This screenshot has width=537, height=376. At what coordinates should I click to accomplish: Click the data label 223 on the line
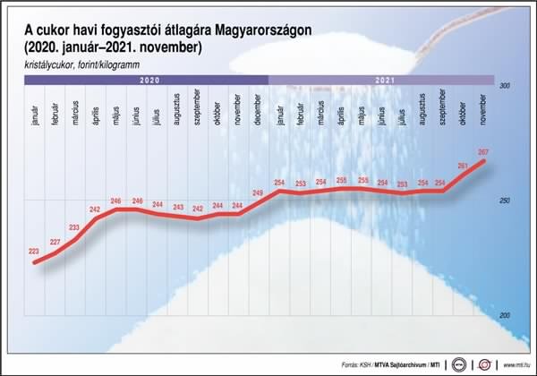34,252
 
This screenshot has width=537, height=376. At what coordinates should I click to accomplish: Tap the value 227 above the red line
55,243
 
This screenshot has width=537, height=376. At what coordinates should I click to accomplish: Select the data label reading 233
74,227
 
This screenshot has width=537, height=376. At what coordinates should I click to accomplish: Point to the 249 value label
258,193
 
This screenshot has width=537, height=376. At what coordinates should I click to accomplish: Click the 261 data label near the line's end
463,167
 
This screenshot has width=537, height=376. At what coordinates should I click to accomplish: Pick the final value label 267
483,151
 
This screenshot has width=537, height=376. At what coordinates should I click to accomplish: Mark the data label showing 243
177,207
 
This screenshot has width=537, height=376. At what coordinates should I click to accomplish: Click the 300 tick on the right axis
503,86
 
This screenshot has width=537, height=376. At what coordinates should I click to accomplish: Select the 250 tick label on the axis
503,201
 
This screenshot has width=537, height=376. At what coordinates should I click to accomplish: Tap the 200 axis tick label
503,316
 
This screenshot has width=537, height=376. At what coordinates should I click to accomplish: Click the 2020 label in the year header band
147,80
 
